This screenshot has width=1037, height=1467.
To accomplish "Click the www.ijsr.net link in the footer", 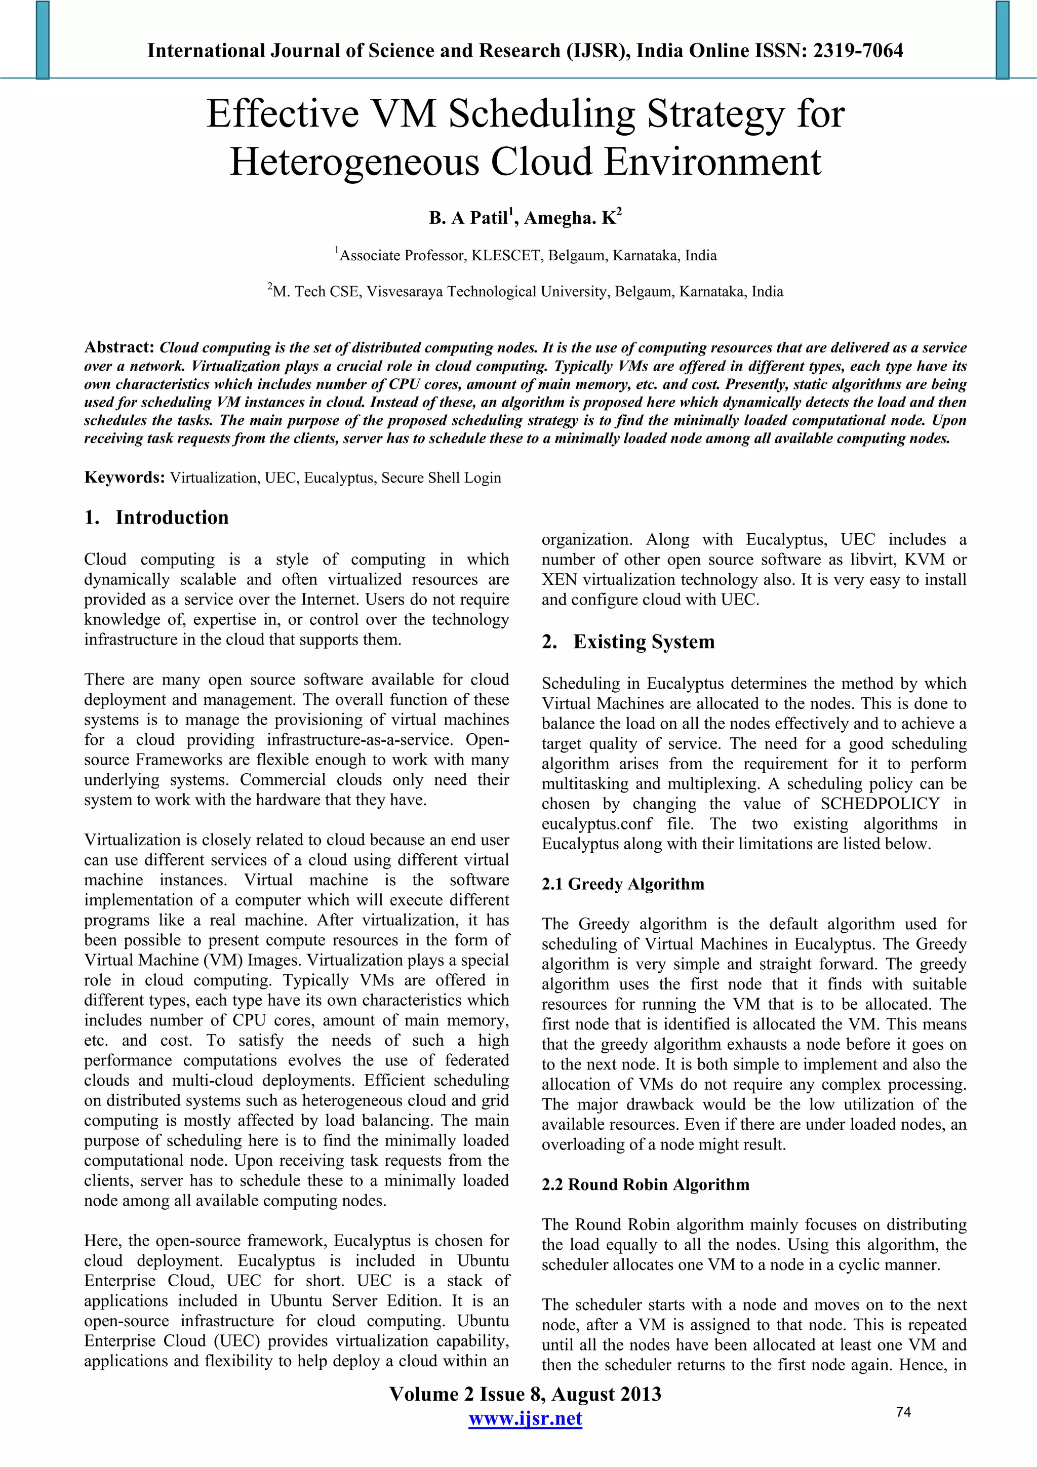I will coord(525,1419).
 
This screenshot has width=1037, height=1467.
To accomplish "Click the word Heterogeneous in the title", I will coord(354,162).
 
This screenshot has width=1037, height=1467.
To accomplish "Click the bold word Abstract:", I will coord(119,347).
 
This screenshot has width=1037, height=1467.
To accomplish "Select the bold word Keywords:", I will coord(125,478).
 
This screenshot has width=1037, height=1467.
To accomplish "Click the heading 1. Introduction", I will coord(156,518).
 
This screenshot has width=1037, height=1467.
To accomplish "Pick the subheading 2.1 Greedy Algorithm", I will coord(623,884).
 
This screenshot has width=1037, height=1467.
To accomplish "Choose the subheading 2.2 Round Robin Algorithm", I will coord(645,1184).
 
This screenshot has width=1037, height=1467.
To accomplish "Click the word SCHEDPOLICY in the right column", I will coord(880,804).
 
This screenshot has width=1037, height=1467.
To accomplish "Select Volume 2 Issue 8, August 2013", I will coord(525,1394).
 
